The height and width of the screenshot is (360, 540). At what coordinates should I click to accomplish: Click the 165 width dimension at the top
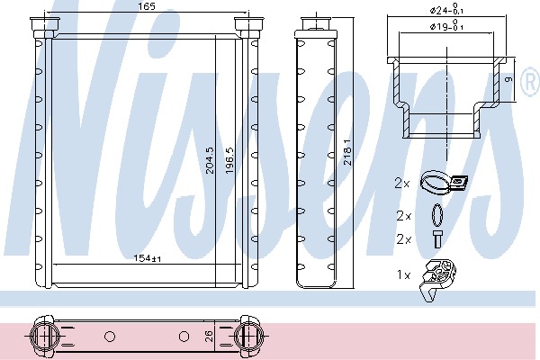(147, 6)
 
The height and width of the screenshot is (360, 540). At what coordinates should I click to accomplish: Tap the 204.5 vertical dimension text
(210, 160)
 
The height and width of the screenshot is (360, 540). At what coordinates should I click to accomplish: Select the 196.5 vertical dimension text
(229, 160)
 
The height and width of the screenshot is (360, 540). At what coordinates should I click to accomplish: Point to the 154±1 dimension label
(148, 258)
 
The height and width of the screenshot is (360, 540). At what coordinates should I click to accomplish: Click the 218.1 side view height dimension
(347, 152)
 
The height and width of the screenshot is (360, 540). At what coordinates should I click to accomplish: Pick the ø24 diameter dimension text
(446, 10)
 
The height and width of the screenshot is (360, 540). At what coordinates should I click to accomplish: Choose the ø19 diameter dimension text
(446, 26)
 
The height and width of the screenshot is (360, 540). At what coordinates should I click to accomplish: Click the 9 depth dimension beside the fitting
(509, 79)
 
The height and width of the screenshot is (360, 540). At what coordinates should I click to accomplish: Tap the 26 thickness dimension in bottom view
(210, 336)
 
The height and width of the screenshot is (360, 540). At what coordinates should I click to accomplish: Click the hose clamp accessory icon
(444, 183)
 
